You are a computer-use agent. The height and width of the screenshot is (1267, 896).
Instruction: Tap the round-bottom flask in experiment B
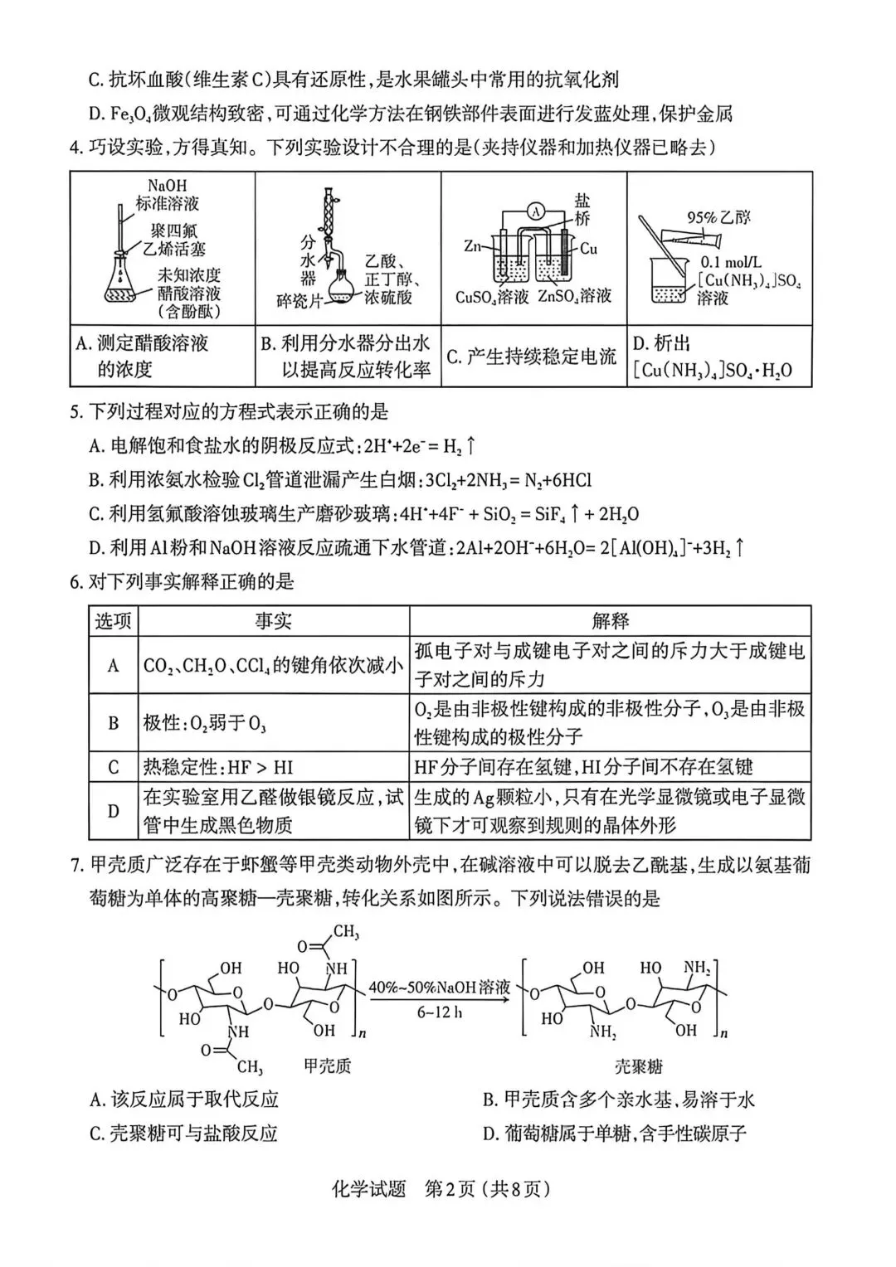coord(340,288)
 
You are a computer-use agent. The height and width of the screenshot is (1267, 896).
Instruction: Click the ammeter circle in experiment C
coord(536,212)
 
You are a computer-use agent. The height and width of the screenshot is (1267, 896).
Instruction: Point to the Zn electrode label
coord(472,245)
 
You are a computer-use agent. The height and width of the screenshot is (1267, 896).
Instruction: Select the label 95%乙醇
coord(718,217)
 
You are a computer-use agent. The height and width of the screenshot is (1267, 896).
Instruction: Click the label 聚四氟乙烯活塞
coord(173,240)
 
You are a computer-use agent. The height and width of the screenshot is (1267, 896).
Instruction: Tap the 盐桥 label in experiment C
coord(582,209)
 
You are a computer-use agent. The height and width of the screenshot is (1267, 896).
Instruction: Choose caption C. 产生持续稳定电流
coord(532,357)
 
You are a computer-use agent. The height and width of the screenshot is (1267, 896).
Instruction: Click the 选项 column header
coord(113,620)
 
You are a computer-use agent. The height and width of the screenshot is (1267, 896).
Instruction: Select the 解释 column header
coord(610,620)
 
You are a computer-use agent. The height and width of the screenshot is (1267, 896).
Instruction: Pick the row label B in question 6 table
coord(113,722)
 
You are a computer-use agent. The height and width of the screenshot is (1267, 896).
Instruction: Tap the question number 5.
coord(75,412)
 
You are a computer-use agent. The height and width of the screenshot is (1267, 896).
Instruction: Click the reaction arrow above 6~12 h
coord(440,999)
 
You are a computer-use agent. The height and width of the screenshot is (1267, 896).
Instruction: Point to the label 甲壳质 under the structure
coord(328,1066)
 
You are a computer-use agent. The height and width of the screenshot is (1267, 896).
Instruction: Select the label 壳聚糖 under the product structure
coord(638,1066)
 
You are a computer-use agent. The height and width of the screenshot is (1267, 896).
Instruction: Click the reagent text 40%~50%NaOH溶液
coord(439,987)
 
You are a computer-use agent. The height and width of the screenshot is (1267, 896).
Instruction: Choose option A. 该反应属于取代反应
coord(184,1100)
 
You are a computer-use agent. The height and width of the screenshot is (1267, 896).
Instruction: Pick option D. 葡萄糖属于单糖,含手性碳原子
coord(614,1133)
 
